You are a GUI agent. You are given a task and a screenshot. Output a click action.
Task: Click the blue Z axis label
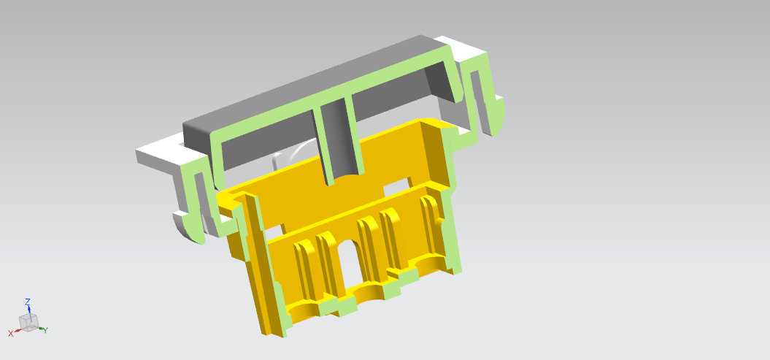[28, 302]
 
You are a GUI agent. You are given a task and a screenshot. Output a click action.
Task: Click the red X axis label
[11, 334]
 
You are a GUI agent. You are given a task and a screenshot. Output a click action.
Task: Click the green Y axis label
[45, 331]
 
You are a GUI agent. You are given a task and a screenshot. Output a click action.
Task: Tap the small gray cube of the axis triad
[28, 323]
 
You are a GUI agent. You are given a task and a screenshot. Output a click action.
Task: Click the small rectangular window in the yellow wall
[396, 185]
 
